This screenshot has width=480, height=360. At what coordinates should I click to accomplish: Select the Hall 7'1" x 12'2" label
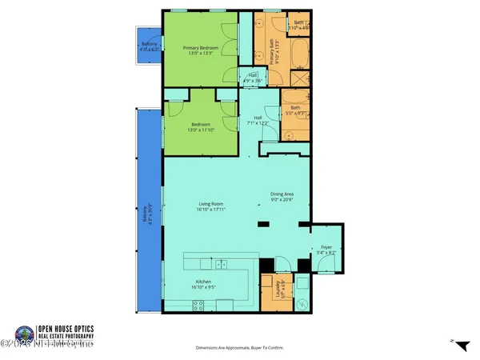click(258, 120)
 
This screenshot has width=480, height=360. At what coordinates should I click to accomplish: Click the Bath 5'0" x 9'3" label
click(296, 111)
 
